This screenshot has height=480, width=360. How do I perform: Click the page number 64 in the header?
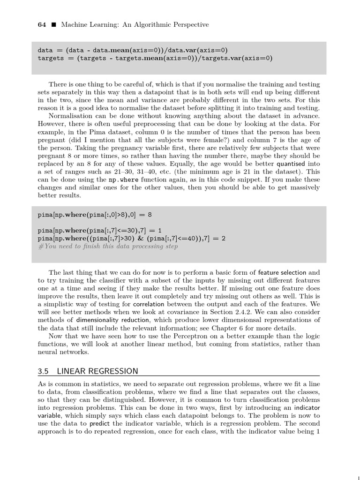[41, 25]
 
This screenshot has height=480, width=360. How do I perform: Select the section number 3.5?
[43, 371]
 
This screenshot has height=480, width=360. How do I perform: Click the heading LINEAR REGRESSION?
[97, 371]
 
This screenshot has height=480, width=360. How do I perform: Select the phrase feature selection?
[282, 272]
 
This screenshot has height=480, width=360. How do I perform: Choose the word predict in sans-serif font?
[99, 423]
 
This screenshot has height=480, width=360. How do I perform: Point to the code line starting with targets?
[155, 58]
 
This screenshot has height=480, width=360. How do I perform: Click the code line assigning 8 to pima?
[95, 215]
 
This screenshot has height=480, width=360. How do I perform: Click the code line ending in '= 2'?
[131, 238]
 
